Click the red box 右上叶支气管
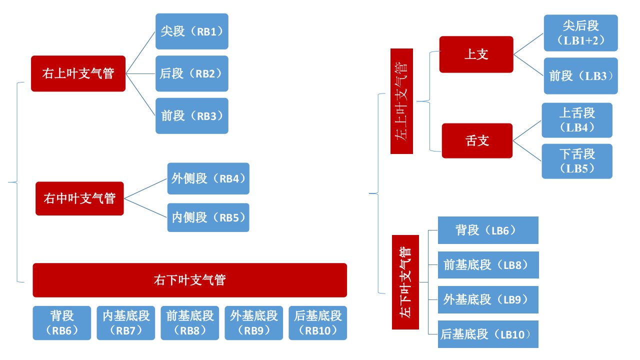tap(78, 73)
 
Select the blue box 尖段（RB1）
tap(192, 31)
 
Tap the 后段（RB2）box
tap(192, 73)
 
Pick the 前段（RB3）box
tap(192, 116)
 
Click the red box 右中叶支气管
tap(79, 198)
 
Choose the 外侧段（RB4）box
tap(208, 178)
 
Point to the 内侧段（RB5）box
tap(208, 217)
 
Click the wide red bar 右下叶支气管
tap(190, 280)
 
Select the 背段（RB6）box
tap(62, 323)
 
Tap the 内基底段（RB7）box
tap(126, 323)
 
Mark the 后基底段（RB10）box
tap(318, 323)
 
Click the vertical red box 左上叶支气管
tap(401, 101)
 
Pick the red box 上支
tap(476, 54)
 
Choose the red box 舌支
tap(477, 141)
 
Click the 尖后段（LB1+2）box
tap(581, 33)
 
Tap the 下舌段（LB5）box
tap(577, 161)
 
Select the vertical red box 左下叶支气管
tap(405, 282)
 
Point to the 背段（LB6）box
tap(488, 230)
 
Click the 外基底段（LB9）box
tap(488, 299)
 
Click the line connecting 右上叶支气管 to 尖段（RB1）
tap(140, 52)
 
